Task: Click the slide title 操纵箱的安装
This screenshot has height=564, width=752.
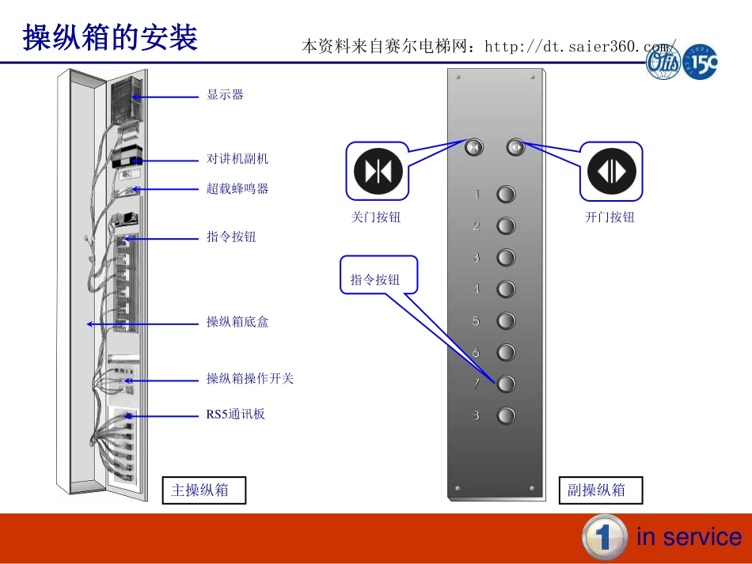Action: [x=110, y=37]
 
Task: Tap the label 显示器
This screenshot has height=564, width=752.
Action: [x=226, y=95]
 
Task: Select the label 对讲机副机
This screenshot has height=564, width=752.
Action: [x=237, y=159]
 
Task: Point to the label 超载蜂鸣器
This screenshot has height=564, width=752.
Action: [x=237, y=189]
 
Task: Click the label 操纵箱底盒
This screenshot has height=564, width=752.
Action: [x=237, y=322]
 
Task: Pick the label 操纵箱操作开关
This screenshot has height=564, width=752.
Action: [x=250, y=379]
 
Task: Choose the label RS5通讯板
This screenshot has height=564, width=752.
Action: [x=236, y=414]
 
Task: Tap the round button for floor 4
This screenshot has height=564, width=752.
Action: [x=506, y=290]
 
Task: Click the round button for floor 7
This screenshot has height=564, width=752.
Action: [x=506, y=384]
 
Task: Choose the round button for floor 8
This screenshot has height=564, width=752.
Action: [x=506, y=415]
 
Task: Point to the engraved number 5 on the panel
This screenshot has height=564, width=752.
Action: [x=477, y=321]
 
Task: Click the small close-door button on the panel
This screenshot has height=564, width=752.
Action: [x=474, y=147]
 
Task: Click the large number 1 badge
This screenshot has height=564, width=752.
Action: [x=605, y=537]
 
